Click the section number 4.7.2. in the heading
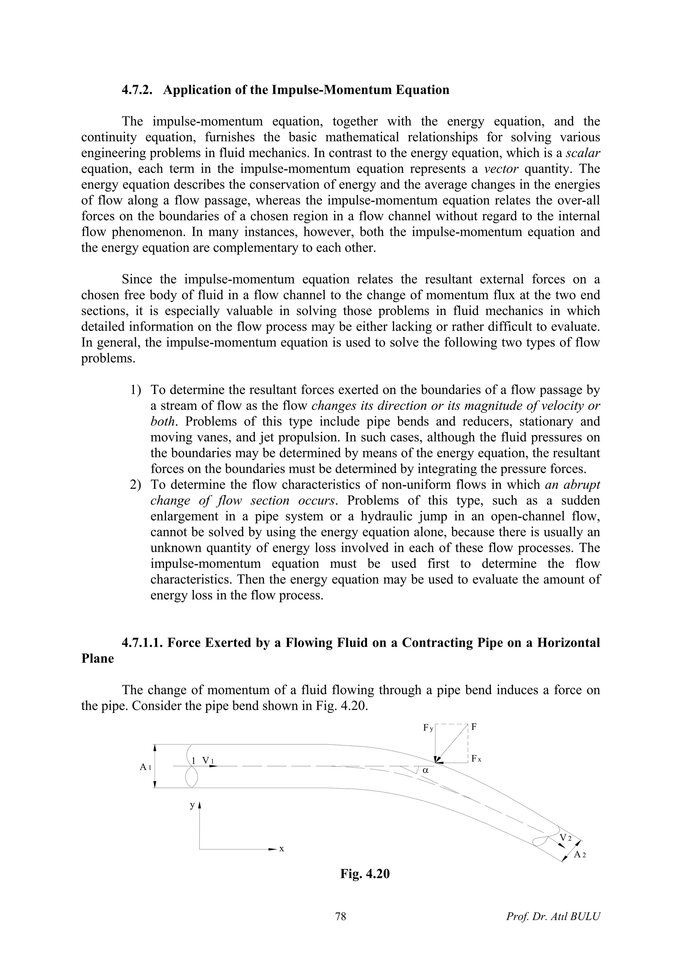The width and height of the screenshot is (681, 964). click(x=138, y=90)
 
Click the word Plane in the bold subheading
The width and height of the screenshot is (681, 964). click(x=97, y=658)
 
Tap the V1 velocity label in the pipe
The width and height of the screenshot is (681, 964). click(x=208, y=760)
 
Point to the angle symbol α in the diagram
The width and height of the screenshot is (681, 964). click(x=425, y=771)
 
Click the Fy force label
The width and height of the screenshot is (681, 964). click(x=428, y=728)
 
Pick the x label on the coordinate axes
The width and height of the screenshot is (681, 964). click(x=282, y=849)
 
